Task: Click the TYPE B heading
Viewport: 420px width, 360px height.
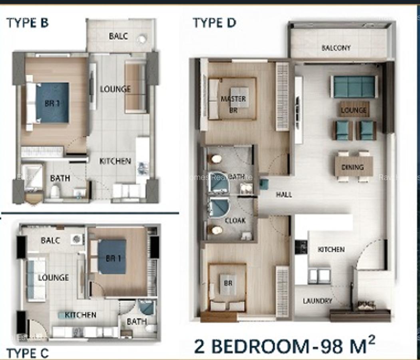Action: [27, 23]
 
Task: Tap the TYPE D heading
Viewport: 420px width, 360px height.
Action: [214, 23]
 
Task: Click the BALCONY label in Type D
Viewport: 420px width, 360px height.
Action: [336, 48]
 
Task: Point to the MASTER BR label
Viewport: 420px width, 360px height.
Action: [233, 102]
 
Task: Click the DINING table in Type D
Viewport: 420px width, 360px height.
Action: [353, 167]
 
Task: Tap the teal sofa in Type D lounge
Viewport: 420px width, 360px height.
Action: [354, 86]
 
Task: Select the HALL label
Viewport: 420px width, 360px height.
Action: [284, 195]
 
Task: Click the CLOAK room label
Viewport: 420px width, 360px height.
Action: [235, 220]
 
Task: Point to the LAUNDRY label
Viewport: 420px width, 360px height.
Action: [317, 301]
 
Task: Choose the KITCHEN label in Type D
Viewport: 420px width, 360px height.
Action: [331, 250]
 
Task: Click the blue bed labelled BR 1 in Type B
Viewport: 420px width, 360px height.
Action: [52, 102]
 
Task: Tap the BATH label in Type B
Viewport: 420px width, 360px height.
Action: [60, 178]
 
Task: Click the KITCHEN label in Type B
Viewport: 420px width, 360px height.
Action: [115, 161]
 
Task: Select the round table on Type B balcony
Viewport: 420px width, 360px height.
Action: [142, 39]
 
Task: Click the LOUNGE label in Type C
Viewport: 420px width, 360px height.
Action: [53, 278]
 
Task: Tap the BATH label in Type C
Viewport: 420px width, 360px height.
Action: [136, 321]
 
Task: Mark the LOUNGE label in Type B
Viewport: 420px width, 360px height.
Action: [115, 89]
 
